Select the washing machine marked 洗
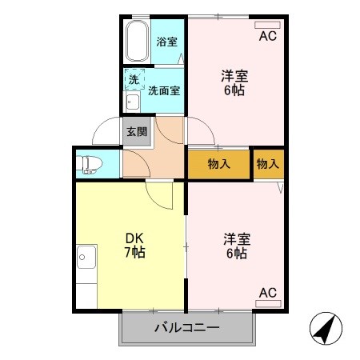134,80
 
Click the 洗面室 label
164,90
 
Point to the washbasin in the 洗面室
130,102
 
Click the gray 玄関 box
135,131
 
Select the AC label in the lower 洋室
268,294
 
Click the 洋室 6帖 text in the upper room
234,83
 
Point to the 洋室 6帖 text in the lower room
234,246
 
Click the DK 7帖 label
133,246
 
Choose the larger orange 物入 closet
218,163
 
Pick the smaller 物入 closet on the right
267,163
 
